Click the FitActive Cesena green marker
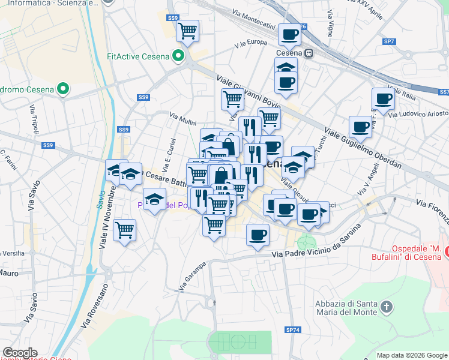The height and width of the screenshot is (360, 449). pos(178,57)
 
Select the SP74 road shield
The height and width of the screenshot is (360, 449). pos(292,330)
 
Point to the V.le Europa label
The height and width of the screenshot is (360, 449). pos(251,43)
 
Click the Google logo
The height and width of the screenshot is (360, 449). pos(20,353)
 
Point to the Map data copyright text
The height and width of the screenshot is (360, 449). pos(412,355)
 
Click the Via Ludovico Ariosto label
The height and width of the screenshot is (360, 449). pos(418,114)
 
